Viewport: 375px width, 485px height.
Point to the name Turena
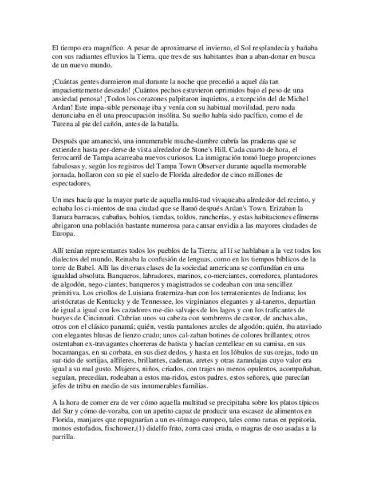[x=63, y=124]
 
